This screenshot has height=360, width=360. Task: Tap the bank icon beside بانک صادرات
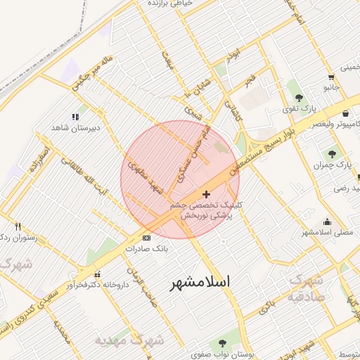(x=146, y=238)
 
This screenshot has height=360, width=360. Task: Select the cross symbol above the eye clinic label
(x=205, y=194)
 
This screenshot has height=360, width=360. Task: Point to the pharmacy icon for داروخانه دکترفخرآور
(x=97, y=274)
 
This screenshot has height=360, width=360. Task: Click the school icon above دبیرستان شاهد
(x=75, y=117)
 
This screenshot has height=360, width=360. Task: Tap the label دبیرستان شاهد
(x=75, y=129)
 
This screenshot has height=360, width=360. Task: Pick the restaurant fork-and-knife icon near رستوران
(x=18, y=226)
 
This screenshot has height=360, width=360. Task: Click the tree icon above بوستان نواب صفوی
(x=222, y=344)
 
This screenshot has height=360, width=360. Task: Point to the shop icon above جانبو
(x=330, y=77)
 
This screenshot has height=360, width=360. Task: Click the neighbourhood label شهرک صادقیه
(x=307, y=287)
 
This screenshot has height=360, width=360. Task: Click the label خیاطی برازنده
(x=169, y=4)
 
